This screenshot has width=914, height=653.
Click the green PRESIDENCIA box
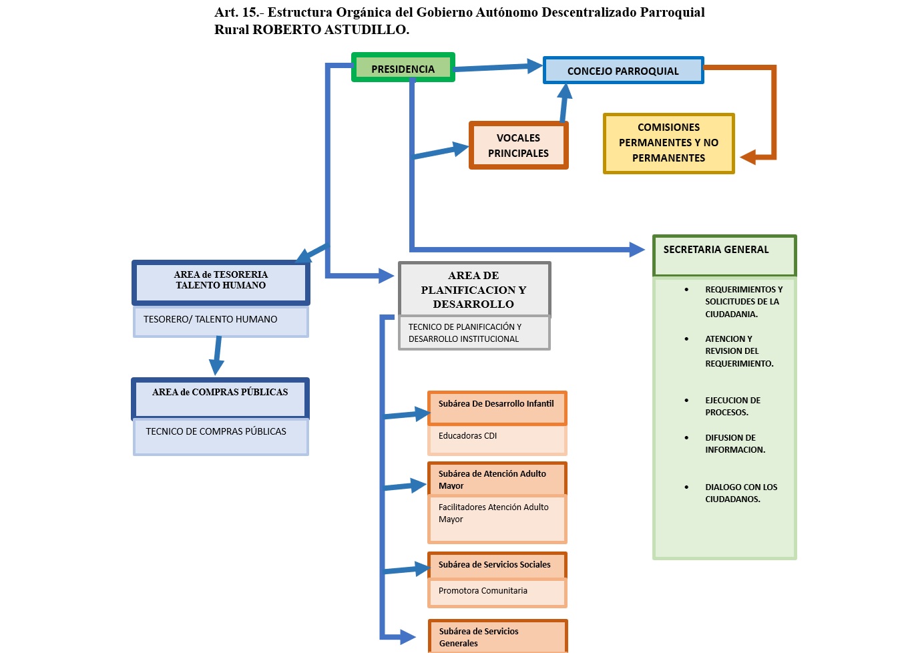(403, 68)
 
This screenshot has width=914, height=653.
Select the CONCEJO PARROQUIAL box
(623, 71)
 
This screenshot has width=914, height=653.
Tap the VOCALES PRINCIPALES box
(518, 146)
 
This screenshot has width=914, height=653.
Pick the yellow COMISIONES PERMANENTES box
(668, 143)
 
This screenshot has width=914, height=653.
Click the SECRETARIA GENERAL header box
(724, 254)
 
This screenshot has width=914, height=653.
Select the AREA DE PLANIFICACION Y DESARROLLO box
(473, 290)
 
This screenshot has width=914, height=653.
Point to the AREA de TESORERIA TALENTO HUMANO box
(221, 282)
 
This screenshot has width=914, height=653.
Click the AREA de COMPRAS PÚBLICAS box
(220, 398)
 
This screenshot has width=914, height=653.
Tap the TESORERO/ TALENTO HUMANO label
(210, 320)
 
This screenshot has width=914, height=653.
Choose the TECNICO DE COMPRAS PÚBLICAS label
(216, 432)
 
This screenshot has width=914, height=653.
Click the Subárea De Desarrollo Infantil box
(497, 407)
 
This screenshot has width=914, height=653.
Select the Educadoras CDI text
(468, 436)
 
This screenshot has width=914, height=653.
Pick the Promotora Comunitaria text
(483, 591)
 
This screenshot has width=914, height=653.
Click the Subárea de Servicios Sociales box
(497, 565)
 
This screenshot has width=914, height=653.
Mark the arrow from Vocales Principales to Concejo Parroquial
(564, 103)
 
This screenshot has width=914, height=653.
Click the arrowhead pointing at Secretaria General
(637, 250)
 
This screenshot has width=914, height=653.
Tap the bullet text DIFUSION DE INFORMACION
(735, 444)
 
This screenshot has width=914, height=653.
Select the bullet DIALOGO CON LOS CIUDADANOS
(741, 493)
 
